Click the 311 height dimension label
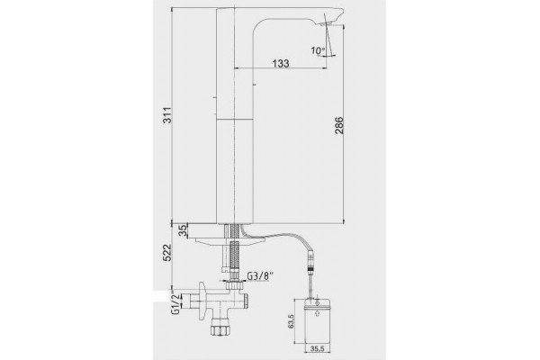click(x=167, y=116)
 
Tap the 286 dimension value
click(x=339, y=125)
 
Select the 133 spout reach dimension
click(x=281, y=63)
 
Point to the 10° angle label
click(x=318, y=50)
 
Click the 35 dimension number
click(x=184, y=230)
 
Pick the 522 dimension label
click(x=167, y=253)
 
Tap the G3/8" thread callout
click(x=260, y=276)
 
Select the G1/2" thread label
click(x=175, y=304)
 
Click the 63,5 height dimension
click(x=292, y=321)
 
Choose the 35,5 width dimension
click(x=318, y=348)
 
